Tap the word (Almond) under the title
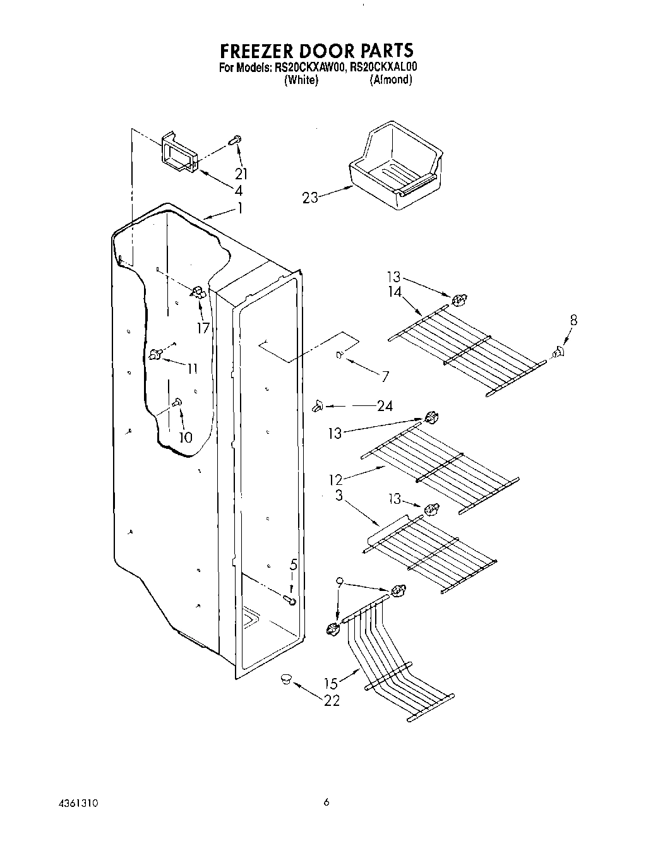(x=391, y=80)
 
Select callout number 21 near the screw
(x=241, y=174)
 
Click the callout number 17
(x=203, y=328)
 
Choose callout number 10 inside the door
(x=185, y=436)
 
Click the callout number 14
(x=394, y=291)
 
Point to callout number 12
(x=335, y=479)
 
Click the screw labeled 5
(x=291, y=600)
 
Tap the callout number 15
(x=331, y=683)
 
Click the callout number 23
(x=310, y=198)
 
